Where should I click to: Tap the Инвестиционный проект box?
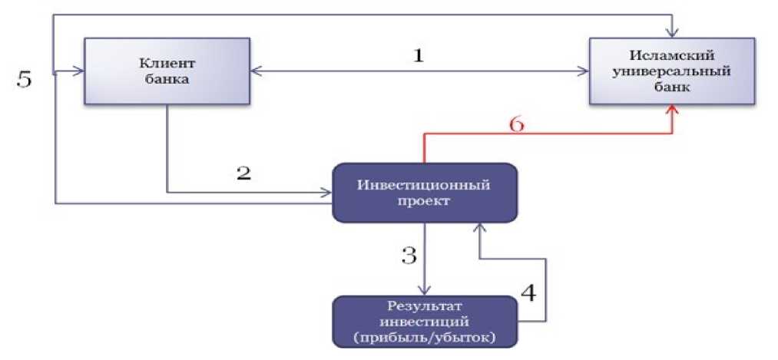pos(424,192)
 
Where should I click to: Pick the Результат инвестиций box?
pos(424,321)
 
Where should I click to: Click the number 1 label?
pos(418,56)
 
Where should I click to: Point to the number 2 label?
pos(243,172)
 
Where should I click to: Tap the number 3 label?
pos(409,254)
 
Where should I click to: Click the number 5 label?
pos(25,79)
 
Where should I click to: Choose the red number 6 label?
pos(517,124)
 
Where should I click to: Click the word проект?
pos(424,200)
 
